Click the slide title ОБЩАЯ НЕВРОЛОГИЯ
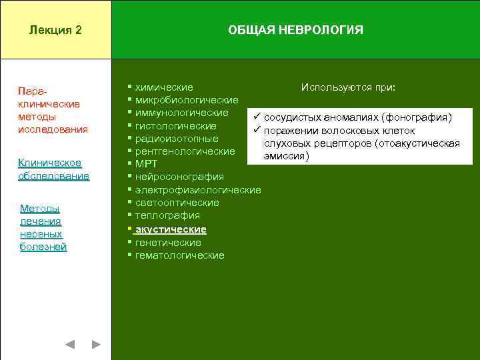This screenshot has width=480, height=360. click(x=295, y=30)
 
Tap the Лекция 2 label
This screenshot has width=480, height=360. click(x=56, y=30)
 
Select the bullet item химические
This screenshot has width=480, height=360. click(x=164, y=87)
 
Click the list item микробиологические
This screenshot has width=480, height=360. click(x=187, y=100)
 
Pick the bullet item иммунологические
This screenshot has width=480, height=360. click(x=181, y=113)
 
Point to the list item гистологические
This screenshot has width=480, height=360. click(x=175, y=126)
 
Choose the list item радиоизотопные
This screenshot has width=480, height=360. click(x=177, y=139)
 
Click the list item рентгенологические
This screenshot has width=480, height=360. click(x=185, y=151)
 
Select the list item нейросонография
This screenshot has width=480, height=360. click(x=179, y=177)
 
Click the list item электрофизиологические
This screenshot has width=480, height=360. click(x=198, y=190)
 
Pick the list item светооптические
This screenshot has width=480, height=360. click(x=177, y=203)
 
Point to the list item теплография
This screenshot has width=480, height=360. click(x=167, y=215)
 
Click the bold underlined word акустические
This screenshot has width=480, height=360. click(x=171, y=229)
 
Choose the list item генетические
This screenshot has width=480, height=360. click(x=168, y=243)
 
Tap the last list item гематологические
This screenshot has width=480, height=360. click(x=179, y=255)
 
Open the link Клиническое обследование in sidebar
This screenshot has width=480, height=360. click(x=53, y=169)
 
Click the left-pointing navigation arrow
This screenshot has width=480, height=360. click(x=70, y=345)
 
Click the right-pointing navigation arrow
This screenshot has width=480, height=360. click(x=96, y=345)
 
